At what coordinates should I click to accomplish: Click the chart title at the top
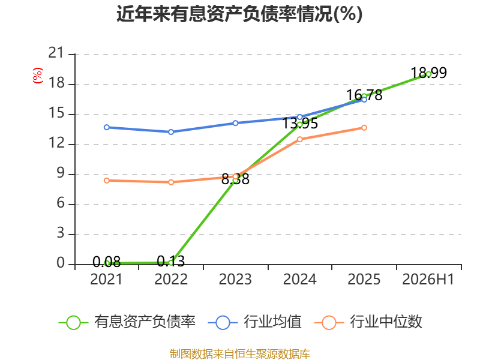coord(239,14)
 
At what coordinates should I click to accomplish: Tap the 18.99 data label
coord(428,73)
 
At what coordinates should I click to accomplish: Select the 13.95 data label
coord(299,124)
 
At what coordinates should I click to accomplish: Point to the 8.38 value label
coord(235,179)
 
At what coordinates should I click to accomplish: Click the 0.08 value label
coord(107,262)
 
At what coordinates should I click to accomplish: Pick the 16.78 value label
coord(364,95)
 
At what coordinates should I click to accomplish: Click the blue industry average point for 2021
coord(107,127)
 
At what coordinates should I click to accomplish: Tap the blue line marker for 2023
coord(235,123)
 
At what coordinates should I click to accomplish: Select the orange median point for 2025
coord(364,128)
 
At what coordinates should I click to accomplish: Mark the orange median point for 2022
coord(171,182)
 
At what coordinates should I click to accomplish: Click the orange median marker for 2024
coord(299,139)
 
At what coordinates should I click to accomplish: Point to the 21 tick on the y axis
coord(56,53)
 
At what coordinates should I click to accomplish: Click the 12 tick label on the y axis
coord(56,143)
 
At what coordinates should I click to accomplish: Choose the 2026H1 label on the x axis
coord(428,280)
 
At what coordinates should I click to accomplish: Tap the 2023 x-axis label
coord(235,280)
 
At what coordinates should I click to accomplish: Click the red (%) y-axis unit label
coord(38,76)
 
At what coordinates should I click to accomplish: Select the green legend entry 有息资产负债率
coord(127,322)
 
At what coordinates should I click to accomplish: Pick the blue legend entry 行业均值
coord(254,322)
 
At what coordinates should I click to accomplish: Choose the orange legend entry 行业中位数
coord(368,322)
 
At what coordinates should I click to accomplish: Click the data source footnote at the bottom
coord(240,354)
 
